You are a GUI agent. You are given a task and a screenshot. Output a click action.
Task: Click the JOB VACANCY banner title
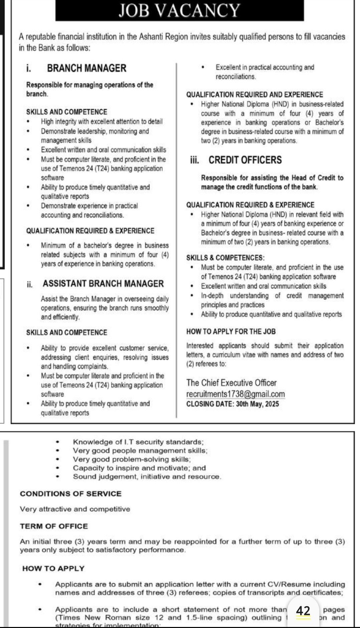pyautogui.click(x=179, y=10)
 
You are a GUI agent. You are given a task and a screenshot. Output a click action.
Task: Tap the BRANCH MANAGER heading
pyautogui.click(x=86, y=68)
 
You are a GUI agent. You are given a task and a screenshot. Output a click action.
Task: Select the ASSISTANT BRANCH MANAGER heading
pyautogui.click(x=103, y=284)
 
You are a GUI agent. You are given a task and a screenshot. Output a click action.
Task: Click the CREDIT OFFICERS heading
pyautogui.click(x=245, y=160)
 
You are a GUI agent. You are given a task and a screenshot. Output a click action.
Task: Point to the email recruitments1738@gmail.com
pyautogui.click(x=235, y=394)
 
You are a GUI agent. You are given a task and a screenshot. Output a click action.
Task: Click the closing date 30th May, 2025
pyautogui.click(x=257, y=404)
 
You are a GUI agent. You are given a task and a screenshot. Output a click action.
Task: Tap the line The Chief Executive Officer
pyautogui.click(x=231, y=383)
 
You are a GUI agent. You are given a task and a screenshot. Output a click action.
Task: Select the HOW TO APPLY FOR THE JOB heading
pyautogui.click(x=231, y=332)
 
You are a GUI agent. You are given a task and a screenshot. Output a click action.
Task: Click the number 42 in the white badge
pyautogui.click(x=303, y=611)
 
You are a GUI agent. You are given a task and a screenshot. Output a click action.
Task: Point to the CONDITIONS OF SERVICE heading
pyautogui.click(x=70, y=494)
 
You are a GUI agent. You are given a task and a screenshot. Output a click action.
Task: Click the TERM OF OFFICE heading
pyautogui.click(x=54, y=526)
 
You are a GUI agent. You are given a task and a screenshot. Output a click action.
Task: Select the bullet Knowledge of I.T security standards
pyautogui.click(x=138, y=442)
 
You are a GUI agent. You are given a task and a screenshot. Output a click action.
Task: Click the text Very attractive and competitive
pyautogui.click(x=75, y=509)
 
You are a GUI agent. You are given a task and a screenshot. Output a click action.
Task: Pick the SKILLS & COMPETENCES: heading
pyautogui.click(x=225, y=258)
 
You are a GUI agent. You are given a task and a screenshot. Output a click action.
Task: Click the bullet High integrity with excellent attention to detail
pyautogui.click(x=102, y=122)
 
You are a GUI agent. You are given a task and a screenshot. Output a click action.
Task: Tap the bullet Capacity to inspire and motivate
pyautogui.click(x=139, y=468)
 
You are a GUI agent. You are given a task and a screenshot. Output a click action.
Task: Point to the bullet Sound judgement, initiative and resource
pyautogui.click(x=147, y=477)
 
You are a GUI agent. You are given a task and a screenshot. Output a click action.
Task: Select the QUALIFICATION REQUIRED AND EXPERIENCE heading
pyautogui.click(x=254, y=94)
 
